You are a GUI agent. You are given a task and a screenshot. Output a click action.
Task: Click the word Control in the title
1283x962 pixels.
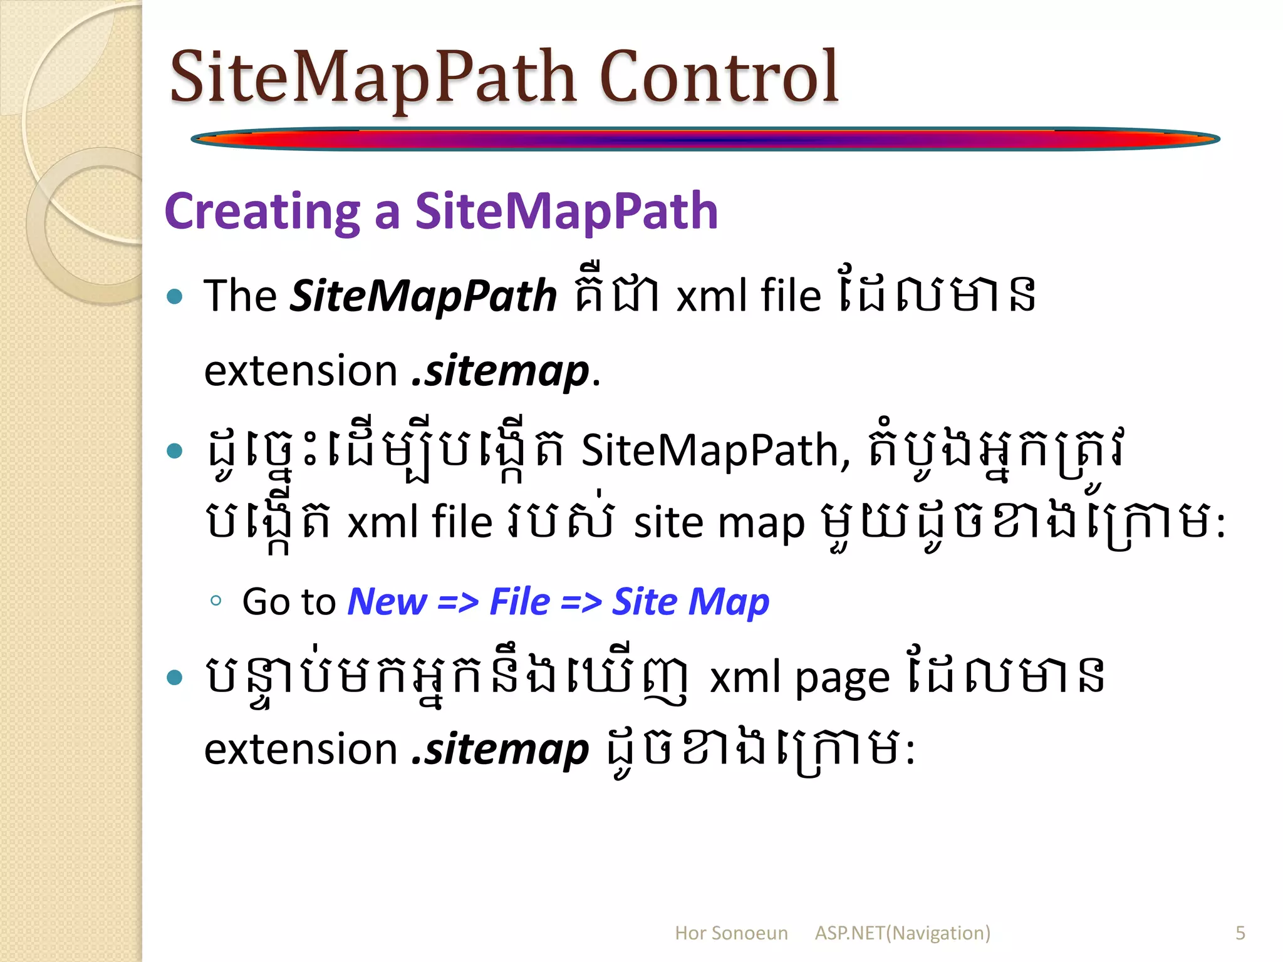[x=719, y=77]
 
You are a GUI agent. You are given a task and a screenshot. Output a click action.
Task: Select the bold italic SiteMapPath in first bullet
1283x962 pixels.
[x=423, y=296]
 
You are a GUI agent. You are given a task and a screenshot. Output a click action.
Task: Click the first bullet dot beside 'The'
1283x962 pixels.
[x=175, y=296]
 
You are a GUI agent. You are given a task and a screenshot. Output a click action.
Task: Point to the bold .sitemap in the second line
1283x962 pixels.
[x=500, y=371]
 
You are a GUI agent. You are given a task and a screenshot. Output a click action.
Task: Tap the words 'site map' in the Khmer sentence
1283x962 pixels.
[x=719, y=523]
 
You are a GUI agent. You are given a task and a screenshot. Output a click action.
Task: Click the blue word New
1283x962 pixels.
[x=387, y=602]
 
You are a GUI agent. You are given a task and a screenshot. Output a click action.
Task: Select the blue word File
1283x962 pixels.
[x=519, y=602]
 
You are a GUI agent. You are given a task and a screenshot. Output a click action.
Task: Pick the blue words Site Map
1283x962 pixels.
[x=690, y=602]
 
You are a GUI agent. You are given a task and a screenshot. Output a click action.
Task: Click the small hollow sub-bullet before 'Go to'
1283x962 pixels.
[x=216, y=601]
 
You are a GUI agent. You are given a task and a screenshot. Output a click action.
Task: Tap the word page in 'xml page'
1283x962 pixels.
[x=842, y=679]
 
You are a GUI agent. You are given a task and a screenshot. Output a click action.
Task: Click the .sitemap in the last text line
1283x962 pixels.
[x=500, y=749]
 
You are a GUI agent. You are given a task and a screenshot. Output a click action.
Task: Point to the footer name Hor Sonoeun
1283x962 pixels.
[x=730, y=933]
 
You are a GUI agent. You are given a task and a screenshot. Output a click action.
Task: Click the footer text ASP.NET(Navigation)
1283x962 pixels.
[x=902, y=933]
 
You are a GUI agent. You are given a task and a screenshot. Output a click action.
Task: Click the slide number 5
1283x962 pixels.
[x=1240, y=933]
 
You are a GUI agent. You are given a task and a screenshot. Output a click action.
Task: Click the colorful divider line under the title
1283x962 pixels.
[x=705, y=138]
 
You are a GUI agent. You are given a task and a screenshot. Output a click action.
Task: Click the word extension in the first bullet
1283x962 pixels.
[x=301, y=371]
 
